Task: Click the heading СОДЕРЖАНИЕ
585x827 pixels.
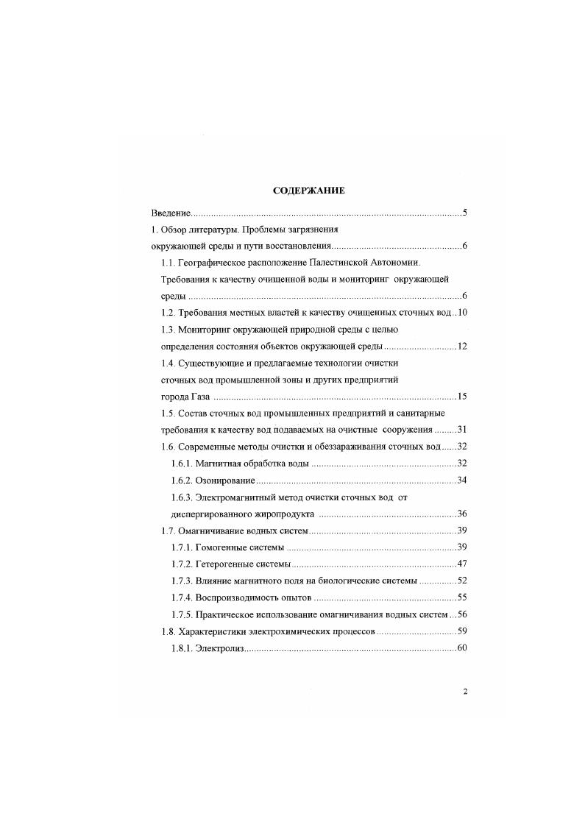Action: point(309,191)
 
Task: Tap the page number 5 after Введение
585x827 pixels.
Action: point(464,213)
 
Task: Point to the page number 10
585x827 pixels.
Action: point(463,313)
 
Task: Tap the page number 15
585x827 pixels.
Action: point(462,397)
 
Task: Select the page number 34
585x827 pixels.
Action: point(462,480)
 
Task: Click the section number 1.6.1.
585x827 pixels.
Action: point(180,464)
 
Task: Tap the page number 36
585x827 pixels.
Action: point(462,514)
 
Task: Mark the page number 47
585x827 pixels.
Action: point(462,564)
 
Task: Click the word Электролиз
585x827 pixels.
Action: point(219,647)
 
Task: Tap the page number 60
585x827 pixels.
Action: point(462,647)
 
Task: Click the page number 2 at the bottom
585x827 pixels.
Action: point(465,691)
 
